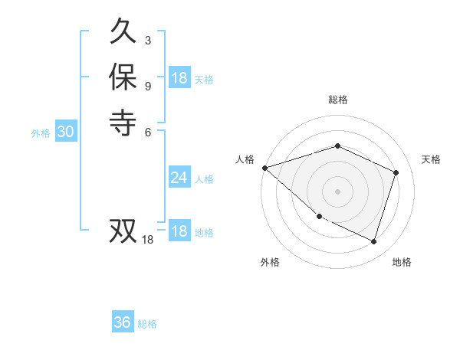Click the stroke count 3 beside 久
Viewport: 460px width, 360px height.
(x=147, y=40)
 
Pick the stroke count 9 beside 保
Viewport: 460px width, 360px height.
(x=147, y=84)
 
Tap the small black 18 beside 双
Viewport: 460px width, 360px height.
(x=148, y=240)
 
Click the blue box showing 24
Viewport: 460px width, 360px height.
(x=179, y=178)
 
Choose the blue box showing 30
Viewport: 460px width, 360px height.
(x=65, y=132)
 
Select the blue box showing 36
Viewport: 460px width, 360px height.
(x=122, y=322)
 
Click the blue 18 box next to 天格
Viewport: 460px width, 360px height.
(x=179, y=78)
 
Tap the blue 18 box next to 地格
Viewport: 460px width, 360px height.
(x=179, y=231)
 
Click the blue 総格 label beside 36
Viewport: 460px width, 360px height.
(x=147, y=324)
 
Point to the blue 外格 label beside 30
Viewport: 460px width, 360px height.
(x=41, y=133)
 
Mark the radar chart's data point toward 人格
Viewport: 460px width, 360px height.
(x=264, y=168)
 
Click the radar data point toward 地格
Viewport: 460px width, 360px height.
(x=374, y=242)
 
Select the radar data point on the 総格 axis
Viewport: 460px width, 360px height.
(x=337, y=146)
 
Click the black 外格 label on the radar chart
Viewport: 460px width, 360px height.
(x=270, y=262)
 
